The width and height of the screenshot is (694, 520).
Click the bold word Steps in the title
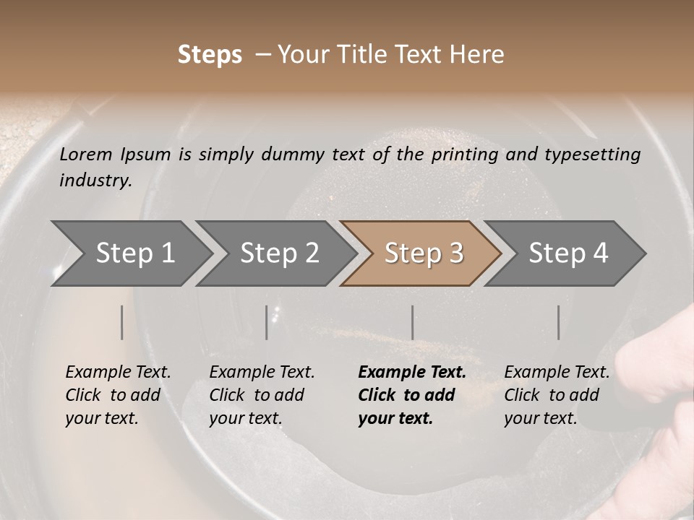pyautogui.click(x=210, y=54)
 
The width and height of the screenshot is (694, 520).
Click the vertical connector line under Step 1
pyautogui.click(x=122, y=322)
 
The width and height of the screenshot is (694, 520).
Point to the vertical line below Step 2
pyautogui.click(x=267, y=322)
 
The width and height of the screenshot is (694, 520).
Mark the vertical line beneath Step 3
pyautogui.click(x=412, y=322)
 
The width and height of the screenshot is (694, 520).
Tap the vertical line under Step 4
pyautogui.click(x=558, y=322)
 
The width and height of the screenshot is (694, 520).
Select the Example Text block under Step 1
pyautogui.click(x=118, y=395)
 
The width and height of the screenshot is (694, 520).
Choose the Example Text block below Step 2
pyautogui.click(x=262, y=395)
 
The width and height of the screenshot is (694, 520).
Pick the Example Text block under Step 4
pyautogui.click(x=557, y=395)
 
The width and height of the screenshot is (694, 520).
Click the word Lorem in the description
pyautogui.click(x=86, y=154)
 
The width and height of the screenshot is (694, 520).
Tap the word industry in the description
pyautogui.click(x=95, y=181)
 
